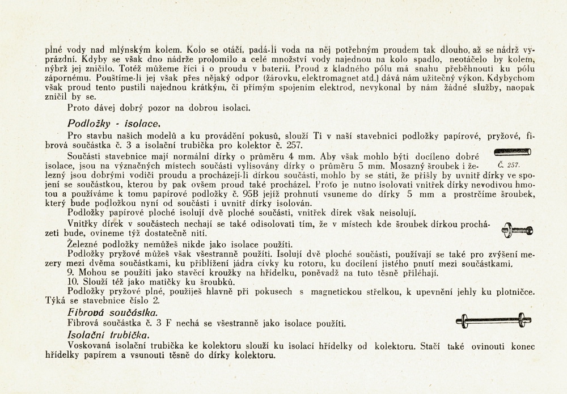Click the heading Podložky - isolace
115,123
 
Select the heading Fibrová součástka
112,313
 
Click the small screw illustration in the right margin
517,230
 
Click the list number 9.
70,272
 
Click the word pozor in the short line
153,107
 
